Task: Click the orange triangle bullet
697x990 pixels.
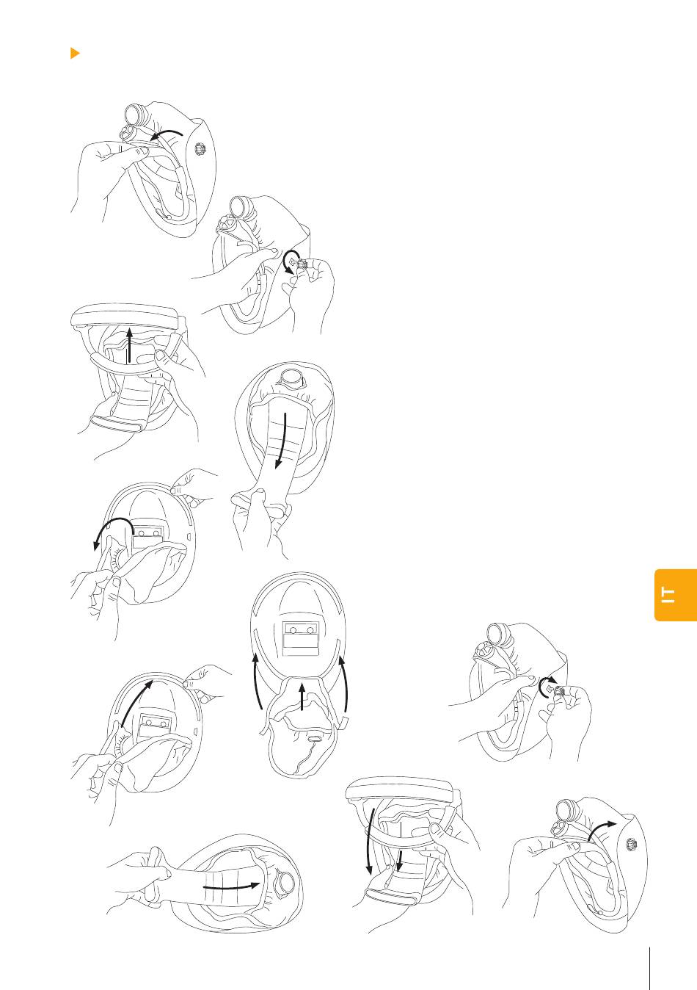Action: tap(75, 53)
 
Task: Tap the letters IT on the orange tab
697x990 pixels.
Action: tap(668, 595)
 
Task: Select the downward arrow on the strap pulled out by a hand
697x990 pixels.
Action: tap(281, 441)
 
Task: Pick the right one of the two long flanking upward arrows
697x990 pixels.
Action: tap(344, 683)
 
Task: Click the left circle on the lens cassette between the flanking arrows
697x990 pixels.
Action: tap(293, 630)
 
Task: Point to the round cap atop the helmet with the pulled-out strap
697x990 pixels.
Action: tap(292, 377)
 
